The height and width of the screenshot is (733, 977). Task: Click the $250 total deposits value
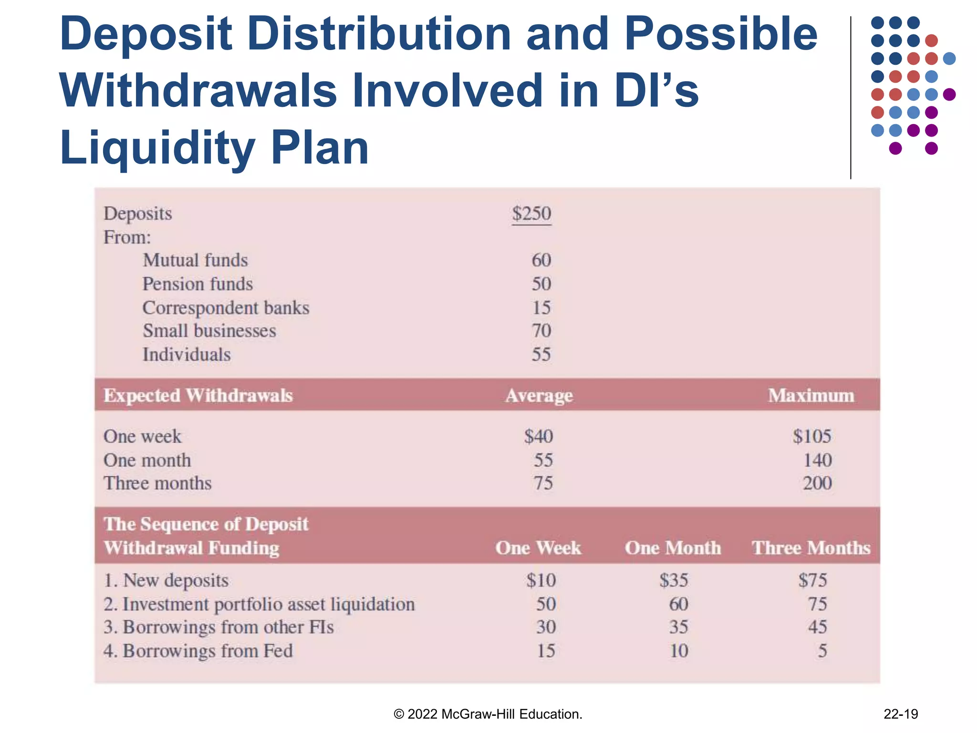point(531,214)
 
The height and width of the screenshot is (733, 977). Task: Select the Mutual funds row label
point(195,261)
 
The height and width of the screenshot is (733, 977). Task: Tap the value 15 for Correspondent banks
point(541,308)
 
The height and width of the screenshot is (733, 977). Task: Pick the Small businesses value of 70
point(541,331)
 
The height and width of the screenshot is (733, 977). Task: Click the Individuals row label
point(187,355)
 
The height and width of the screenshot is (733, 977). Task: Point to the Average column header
point(539,396)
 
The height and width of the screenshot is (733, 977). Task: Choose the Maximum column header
point(811,396)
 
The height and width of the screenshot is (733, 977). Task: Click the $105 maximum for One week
point(812,436)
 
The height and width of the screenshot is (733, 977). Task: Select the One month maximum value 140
point(817,460)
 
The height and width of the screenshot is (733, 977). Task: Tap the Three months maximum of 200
point(817,483)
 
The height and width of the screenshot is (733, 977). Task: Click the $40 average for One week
point(539,436)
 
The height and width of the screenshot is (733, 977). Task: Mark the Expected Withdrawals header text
point(198,396)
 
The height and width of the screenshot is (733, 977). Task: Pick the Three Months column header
point(811,548)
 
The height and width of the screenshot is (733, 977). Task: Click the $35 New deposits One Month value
point(674,580)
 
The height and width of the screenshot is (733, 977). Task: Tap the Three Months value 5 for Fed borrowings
point(822,651)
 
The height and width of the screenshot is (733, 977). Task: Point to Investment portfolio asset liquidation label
point(259,604)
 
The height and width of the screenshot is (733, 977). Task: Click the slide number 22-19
point(901,714)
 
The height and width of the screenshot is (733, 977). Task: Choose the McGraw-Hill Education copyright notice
point(488,714)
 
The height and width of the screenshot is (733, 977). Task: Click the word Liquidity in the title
point(157,148)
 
